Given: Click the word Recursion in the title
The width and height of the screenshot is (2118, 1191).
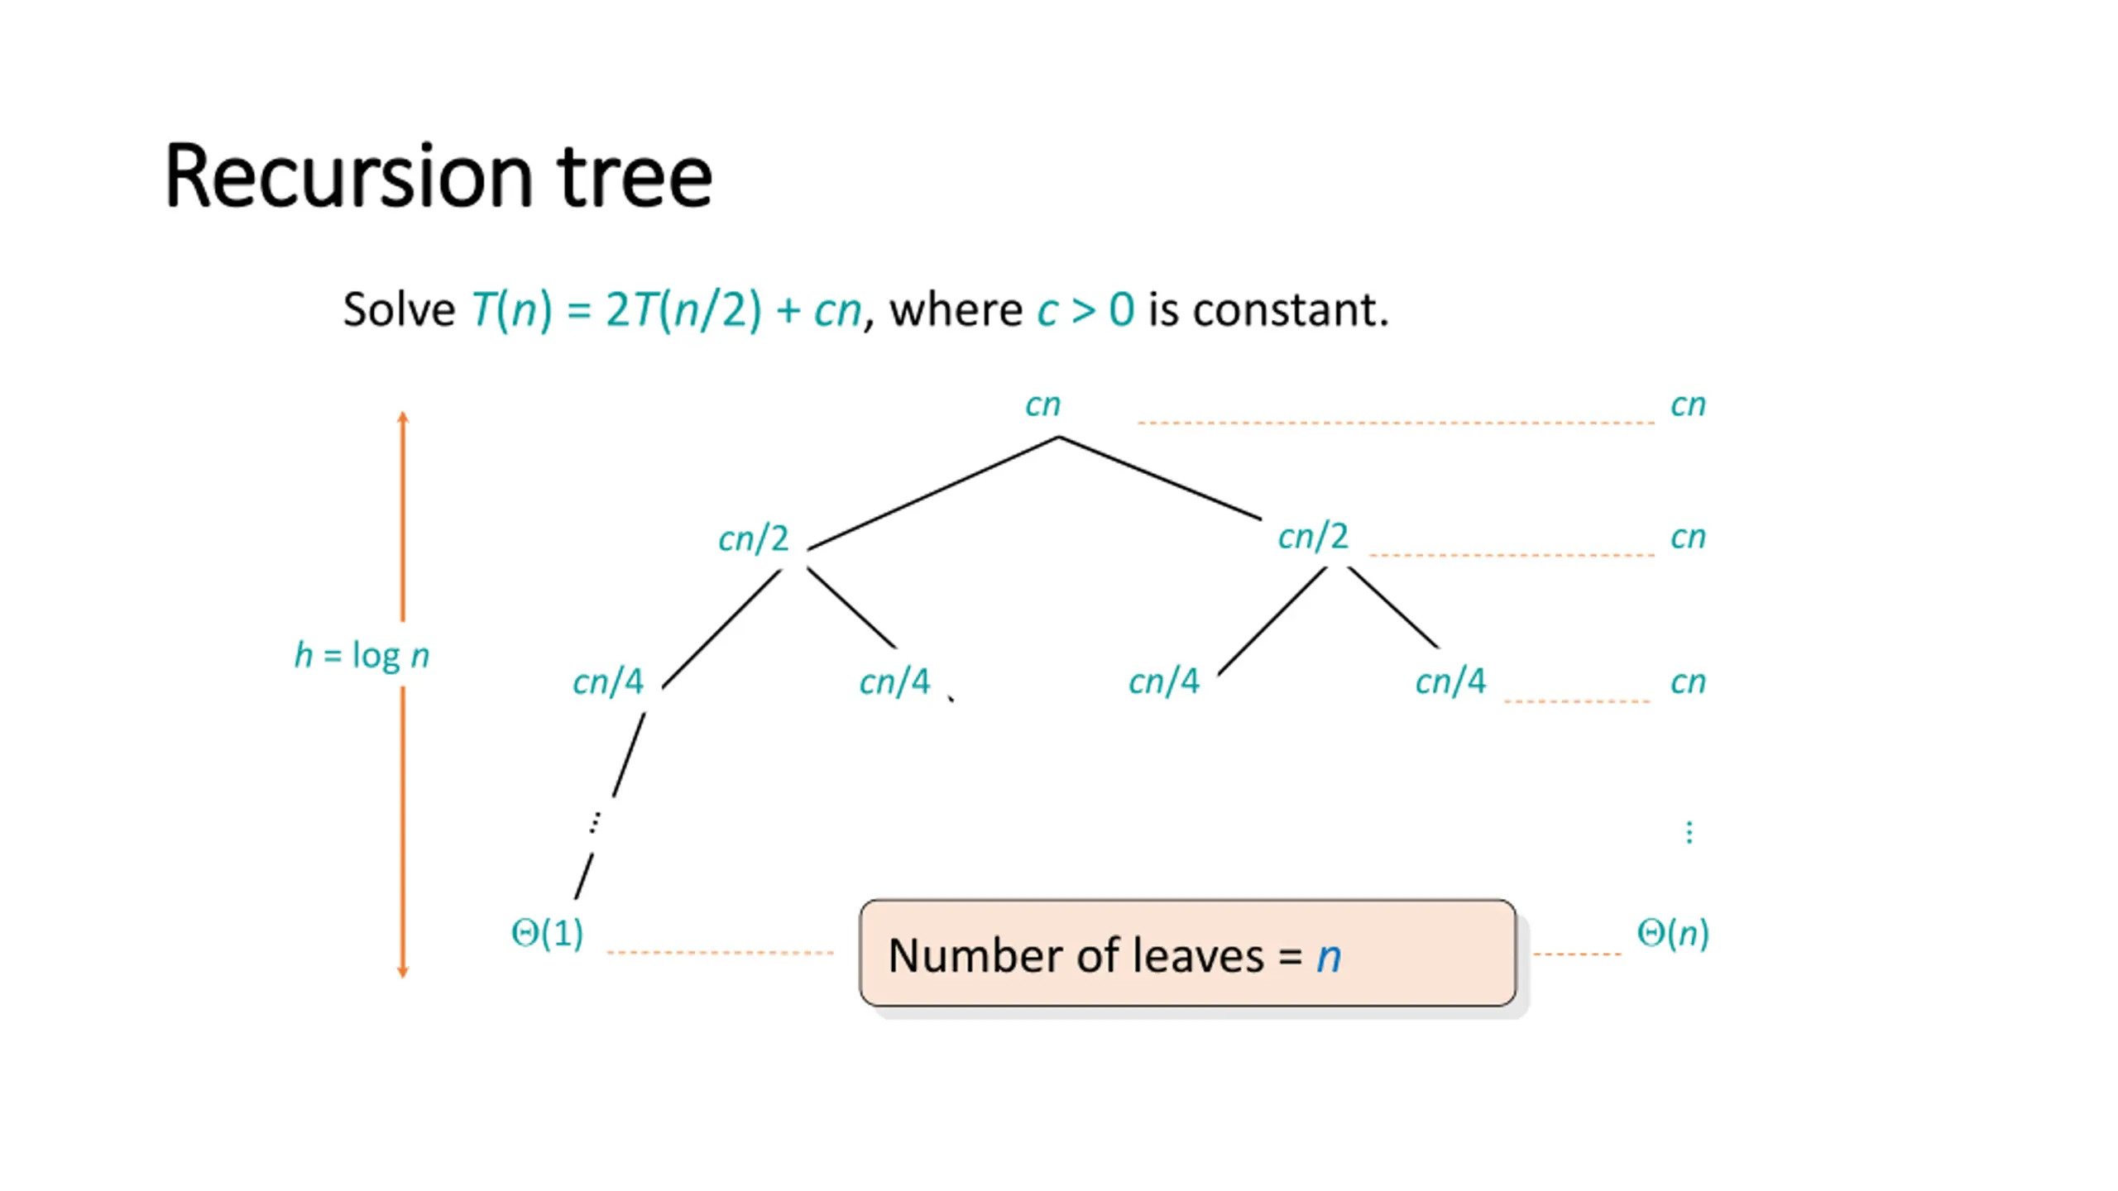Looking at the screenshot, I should click(348, 178).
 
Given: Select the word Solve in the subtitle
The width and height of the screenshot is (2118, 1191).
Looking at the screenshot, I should click(399, 310).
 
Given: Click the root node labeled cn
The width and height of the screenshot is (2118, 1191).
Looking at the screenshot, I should click(1042, 405).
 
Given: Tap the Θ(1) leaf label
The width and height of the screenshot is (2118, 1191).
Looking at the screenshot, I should click(547, 934).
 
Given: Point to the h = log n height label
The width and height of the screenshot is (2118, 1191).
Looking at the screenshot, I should click(362, 656).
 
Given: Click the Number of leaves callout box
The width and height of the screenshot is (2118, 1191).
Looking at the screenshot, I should click(1187, 954).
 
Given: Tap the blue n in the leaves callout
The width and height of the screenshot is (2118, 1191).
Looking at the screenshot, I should click(1328, 957).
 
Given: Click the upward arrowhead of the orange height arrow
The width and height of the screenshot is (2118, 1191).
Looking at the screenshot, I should click(403, 417).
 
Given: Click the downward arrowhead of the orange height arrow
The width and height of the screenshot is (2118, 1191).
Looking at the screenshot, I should click(403, 971).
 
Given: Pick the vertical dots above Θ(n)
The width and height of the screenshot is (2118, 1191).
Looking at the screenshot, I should click(1689, 832).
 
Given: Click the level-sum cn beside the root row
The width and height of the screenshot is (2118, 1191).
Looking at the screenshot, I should click(1688, 405).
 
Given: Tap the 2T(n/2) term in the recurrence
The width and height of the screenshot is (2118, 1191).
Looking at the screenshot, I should click(683, 310).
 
